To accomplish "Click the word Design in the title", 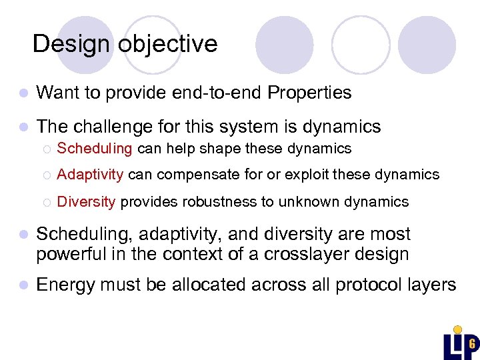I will click(x=72, y=44).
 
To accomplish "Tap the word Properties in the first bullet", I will click(x=309, y=93).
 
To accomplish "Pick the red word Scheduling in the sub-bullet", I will click(x=95, y=148).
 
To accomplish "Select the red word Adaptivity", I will click(x=90, y=175).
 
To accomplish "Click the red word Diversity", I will click(x=86, y=201).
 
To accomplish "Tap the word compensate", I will click(x=189, y=175).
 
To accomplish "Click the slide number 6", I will click(x=471, y=344).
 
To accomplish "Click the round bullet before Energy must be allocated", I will click(x=23, y=285).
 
